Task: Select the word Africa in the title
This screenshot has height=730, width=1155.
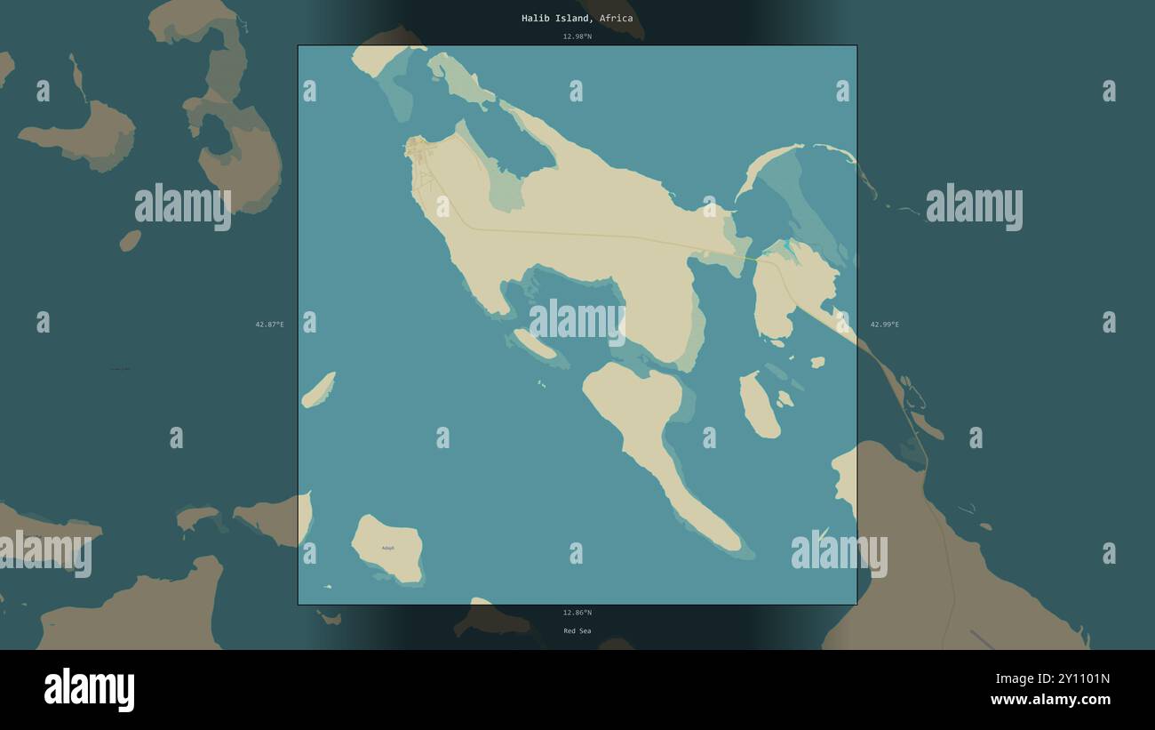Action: coord(616,18)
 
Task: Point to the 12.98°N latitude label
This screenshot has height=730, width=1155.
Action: coord(577,36)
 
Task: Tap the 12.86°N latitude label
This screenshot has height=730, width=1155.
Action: coord(577,613)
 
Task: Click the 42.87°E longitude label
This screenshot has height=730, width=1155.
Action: coord(270,325)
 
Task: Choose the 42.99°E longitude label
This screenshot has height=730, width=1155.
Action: coord(884,325)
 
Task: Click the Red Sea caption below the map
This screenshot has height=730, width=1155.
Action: coord(577,631)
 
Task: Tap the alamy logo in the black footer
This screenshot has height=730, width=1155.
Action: coord(89,690)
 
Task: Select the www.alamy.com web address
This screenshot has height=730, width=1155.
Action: coord(1050,700)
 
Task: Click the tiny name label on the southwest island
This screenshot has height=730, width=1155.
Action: coord(387,548)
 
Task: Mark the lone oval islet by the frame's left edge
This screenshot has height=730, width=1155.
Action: coord(318,389)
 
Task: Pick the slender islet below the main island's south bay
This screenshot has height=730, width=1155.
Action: coord(535,344)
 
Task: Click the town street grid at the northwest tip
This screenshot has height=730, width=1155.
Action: coord(417,147)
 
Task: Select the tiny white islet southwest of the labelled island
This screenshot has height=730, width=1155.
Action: coord(328,587)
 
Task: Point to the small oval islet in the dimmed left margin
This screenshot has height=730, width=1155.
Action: coord(130,240)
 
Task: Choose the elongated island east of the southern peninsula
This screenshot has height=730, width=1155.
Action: coord(760,405)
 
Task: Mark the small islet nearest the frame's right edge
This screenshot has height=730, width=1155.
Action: coord(817,362)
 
